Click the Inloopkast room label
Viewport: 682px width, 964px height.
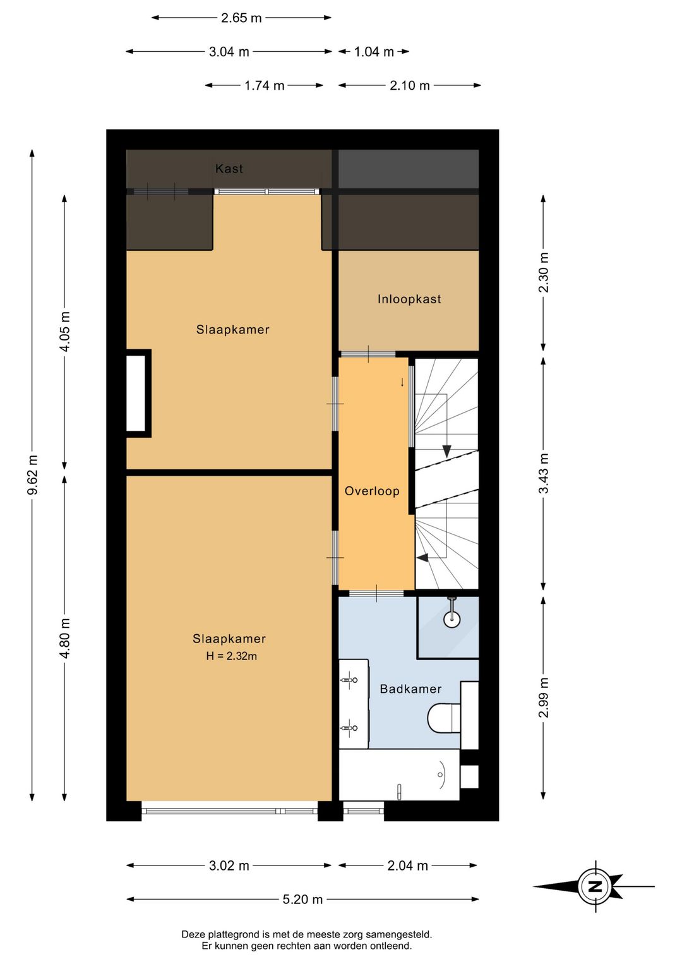[x=409, y=299]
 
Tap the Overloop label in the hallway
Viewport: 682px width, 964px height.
[x=372, y=491]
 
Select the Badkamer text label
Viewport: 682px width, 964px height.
[x=410, y=689]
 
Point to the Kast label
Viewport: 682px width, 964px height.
[x=229, y=168]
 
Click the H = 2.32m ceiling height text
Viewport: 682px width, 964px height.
[x=232, y=656]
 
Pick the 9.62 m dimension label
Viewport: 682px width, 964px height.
[x=32, y=474]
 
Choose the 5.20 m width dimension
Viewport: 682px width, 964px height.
[x=302, y=899]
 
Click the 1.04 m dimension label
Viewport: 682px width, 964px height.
[x=374, y=52]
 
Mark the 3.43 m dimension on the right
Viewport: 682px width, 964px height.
[x=544, y=473]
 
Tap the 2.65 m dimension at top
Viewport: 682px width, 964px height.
[x=241, y=18]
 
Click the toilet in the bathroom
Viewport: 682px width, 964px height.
[x=444, y=718]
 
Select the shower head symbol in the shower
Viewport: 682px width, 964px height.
[x=452, y=612]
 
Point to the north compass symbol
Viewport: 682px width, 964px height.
[x=595, y=886]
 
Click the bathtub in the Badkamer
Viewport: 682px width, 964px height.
[x=399, y=774]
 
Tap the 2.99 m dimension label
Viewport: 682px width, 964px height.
[x=544, y=697]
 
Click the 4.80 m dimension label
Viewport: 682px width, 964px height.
[x=64, y=638]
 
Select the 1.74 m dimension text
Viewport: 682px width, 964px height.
[x=264, y=86]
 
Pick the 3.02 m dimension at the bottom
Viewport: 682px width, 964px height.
[x=229, y=865]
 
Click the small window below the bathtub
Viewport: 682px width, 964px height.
[x=364, y=811]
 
